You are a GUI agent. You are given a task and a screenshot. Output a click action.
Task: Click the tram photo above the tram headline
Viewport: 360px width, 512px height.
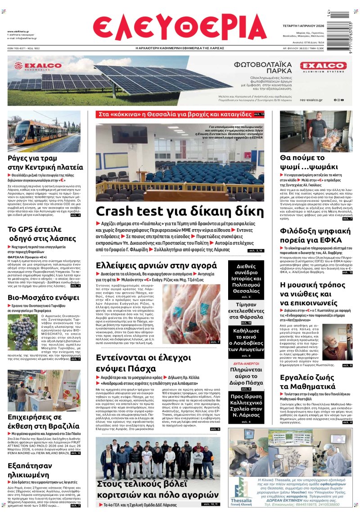(44, 131)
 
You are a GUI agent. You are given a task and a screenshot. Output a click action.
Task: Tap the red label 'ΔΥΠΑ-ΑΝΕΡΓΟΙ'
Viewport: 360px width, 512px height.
(246, 363)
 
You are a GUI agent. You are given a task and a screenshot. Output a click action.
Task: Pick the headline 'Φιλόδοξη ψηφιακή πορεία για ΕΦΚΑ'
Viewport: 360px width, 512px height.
(315, 239)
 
